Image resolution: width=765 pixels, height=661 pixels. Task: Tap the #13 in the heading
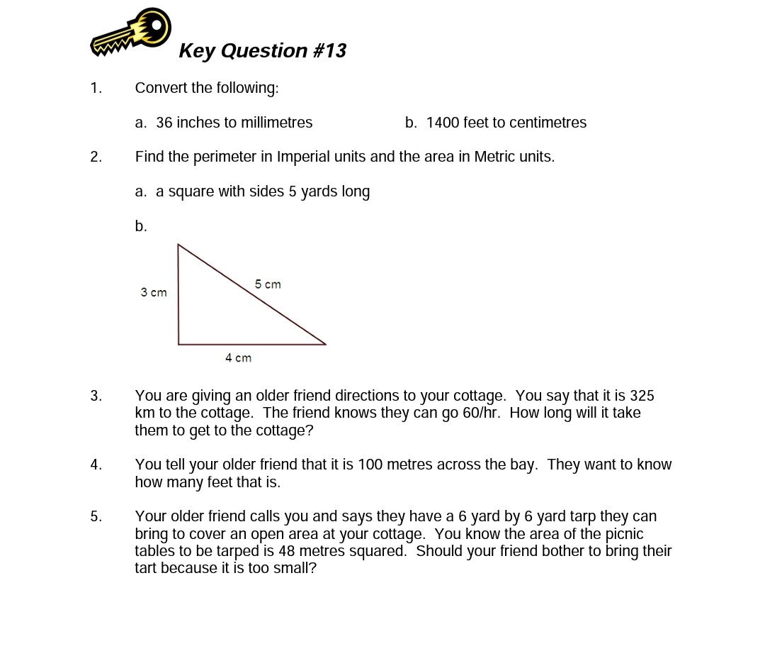[329, 51]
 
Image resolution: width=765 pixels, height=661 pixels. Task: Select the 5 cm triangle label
[268, 284]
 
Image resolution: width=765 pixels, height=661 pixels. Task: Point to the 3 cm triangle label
[154, 292]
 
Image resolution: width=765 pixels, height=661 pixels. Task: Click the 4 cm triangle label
[238, 358]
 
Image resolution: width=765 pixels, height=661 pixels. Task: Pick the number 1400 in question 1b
[443, 123]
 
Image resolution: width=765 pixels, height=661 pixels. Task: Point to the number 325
[641, 396]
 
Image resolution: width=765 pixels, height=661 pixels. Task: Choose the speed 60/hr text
[481, 413]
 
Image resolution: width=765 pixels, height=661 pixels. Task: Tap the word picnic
[624, 534]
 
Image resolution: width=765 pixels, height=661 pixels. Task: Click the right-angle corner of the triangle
[178, 344]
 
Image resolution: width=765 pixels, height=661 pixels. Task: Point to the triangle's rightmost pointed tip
[325, 344]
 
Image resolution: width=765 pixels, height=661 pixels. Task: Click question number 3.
[96, 396]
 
